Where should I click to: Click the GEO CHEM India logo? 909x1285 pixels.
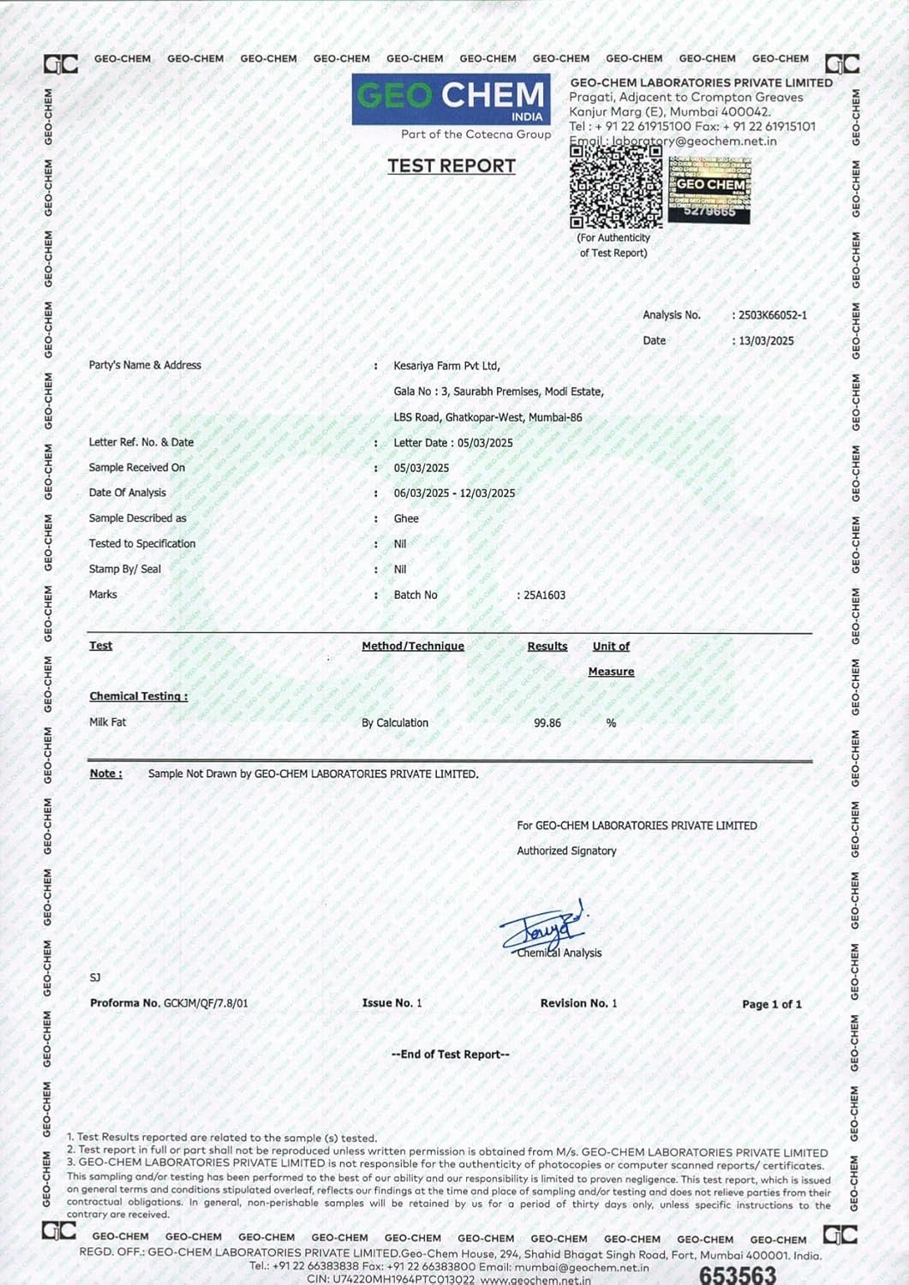tap(451, 99)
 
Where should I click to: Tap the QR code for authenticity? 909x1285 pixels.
tap(616, 186)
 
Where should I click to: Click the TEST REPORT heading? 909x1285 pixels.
tap(452, 166)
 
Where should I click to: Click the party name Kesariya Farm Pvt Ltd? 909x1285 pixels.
tap(446, 366)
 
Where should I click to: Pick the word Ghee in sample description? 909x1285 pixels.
tap(406, 518)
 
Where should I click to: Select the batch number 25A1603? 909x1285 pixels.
tap(545, 595)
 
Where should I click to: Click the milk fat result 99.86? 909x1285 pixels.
tap(547, 723)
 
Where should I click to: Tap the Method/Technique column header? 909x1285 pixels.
tap(413, 646)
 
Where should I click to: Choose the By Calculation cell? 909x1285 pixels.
tap(395, 723)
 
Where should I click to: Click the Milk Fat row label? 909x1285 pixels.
tap(108, 722)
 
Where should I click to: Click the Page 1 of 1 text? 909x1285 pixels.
tap(772, 1004)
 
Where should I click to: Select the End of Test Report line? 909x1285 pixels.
tap(451, 1055)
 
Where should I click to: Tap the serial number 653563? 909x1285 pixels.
tap(738, 1275)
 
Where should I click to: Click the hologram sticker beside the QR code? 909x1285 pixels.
tap(709, 190)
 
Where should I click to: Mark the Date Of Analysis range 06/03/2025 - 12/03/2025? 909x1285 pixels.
tap(454, 493)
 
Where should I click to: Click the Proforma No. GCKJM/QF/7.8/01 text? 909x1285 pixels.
tap(169, 1003)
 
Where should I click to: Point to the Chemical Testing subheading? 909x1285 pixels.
tap(139, 696)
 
